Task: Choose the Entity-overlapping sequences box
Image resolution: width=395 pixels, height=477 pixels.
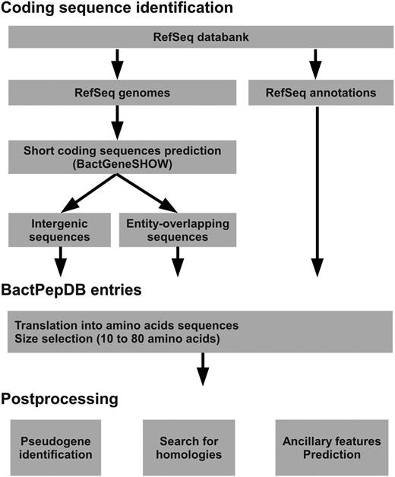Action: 177,230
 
